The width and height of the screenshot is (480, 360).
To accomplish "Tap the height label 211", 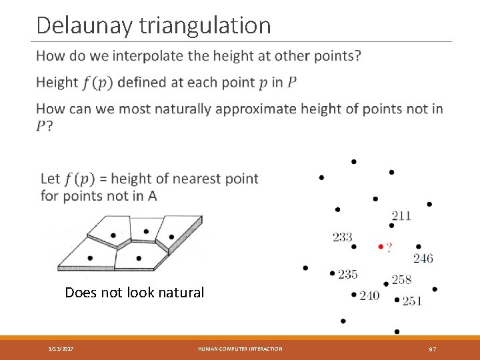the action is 401,215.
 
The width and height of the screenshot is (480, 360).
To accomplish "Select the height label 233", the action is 342,237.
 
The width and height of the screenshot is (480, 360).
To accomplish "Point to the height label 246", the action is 423,259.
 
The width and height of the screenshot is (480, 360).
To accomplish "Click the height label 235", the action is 347,274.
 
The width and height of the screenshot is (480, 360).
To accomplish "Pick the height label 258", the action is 401,279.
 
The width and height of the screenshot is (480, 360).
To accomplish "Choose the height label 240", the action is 369,296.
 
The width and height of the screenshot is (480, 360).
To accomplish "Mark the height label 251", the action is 412,301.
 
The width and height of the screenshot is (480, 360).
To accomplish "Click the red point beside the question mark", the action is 380,247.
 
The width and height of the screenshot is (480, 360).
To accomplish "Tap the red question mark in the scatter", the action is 389,247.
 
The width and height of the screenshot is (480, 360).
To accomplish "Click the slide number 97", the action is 432,349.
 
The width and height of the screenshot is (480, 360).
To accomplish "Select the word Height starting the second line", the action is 57,83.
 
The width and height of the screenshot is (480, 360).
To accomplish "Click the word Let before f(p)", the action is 50,179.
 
